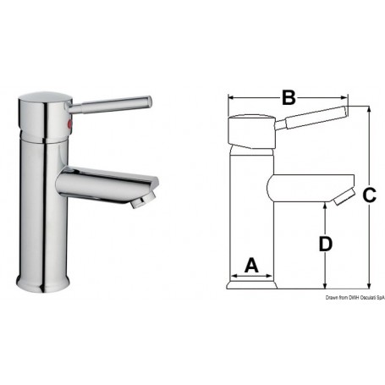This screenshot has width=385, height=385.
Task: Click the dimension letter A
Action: [x=250, y=265]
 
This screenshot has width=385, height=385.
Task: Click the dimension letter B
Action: [x=288, y=98]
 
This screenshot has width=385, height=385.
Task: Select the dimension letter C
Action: [x=369, y=195]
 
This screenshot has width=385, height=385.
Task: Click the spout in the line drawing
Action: [x=305, y=188]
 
